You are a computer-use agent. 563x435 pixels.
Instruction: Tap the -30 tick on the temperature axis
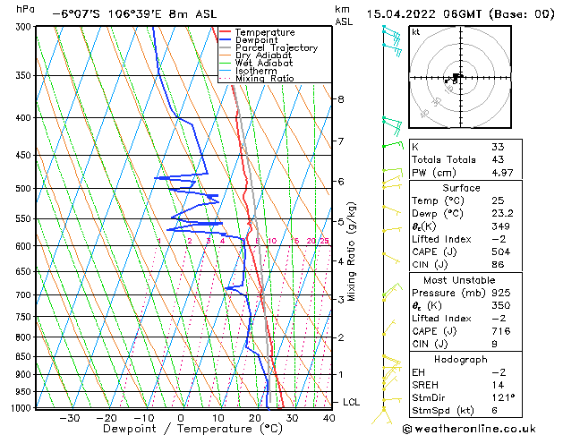[69, 417]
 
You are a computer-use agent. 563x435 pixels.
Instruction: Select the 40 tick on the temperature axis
[329, 417]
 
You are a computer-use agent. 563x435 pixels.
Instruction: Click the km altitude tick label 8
[340, 98]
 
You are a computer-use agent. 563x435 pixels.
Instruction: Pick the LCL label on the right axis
[351, 403]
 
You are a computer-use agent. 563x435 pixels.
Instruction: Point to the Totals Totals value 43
[498, 159]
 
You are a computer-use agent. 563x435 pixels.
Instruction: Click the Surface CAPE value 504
[500, 252]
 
